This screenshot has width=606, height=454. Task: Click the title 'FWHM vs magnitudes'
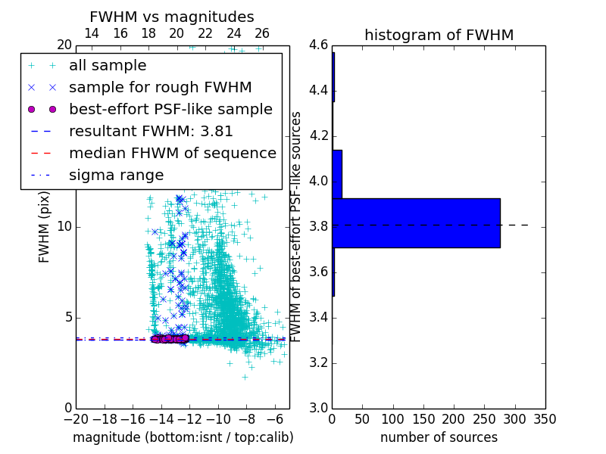click(171, 17)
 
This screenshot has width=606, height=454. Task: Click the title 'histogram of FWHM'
click(439, 35)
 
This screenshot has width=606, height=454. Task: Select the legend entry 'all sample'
click(108, 66)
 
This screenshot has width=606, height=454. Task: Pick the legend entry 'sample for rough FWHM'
click(160, 88)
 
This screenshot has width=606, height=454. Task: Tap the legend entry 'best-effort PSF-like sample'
click(170, 109)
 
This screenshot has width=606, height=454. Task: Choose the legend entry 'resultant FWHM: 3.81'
click(151, 131)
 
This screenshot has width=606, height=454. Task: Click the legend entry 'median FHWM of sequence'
click(172, 153)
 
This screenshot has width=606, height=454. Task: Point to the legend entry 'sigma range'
click(116, 175)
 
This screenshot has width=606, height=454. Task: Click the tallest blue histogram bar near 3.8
click(416, 222)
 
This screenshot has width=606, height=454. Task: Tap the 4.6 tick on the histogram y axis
click(318, 45)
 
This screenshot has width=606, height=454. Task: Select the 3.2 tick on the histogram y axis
click(318, 363)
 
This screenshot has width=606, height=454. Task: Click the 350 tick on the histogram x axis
click(545, 419)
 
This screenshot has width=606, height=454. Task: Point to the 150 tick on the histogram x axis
click(423, 419)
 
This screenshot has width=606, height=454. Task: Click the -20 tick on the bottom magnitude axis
click(76, 419)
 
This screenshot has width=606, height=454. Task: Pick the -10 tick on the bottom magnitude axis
click(218, 419)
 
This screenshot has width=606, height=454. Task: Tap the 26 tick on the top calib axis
click(262, 33)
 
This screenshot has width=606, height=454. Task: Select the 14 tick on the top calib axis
click(92, 33)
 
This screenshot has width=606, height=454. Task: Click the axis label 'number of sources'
click(439, 437)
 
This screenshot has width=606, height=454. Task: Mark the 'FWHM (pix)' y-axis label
click(45, 226)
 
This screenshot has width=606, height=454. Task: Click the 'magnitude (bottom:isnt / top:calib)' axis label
click(183, 437)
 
